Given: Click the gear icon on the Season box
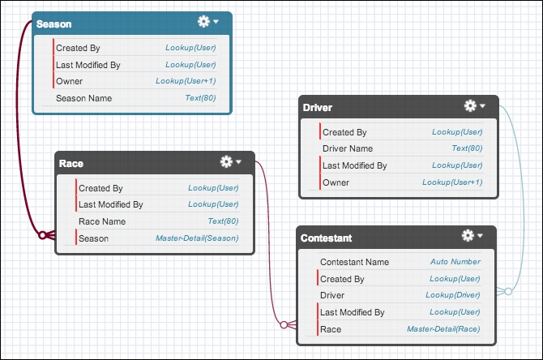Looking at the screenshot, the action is (x=203, y=21).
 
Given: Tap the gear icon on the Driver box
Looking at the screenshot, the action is (x=470, y=105).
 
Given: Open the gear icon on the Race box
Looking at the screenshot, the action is (x=226, y=161).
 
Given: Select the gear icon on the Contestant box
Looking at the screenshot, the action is (x=468, y=236).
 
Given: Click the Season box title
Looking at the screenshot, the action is (x=54, y=24).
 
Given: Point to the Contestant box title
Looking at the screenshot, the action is (x=327, y=238).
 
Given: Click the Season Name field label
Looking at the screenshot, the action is (x=83, y=98).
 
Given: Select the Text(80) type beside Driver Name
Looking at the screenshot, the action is (x=467, y=148).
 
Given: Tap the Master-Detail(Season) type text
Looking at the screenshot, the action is (x=197, y=238).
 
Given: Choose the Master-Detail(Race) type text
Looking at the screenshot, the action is (x=443, y=329).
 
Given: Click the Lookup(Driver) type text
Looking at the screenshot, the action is (x=452, y=295).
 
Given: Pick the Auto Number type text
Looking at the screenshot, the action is (x=455, y=262).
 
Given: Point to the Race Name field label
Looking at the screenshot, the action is (x=102, y=221).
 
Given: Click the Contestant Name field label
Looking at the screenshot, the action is (x=355, y=262).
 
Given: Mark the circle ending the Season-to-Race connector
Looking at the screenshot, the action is (x=42, y=235).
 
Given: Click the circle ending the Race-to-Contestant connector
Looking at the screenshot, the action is (x=284, y=324).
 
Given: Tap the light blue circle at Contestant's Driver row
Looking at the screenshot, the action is (x=508, y=291).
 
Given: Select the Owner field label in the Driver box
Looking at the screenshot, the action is (x=336, y=182).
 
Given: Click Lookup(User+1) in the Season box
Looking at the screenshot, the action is (x=186, y=81).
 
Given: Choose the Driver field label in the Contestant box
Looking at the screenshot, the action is (x=332, y=295).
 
